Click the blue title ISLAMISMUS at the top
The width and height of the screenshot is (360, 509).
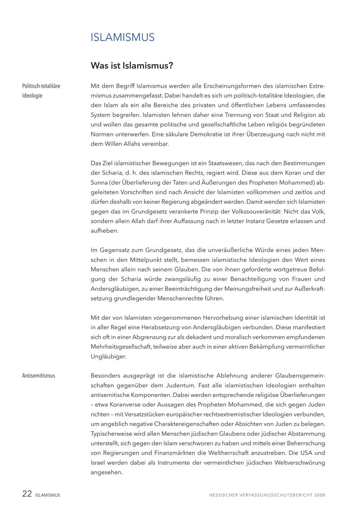point(122,38)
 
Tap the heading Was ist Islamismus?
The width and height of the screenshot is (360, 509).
point(132,65)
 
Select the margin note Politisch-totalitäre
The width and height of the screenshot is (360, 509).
point(41,86)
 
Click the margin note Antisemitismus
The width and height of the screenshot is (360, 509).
point(38,376)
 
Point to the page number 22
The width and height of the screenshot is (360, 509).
point(27,494)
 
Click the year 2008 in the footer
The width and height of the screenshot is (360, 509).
point(320,495)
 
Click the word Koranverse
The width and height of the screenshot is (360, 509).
point(128,405)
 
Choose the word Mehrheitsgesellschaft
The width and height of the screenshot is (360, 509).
point(121,347)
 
